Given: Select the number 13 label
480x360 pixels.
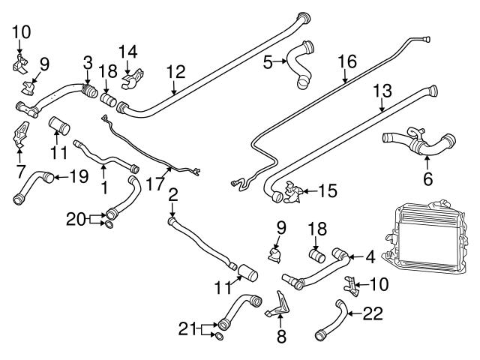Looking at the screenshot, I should pyautogui.click(x=382, y=91).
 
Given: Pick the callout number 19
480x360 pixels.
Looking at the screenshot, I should pyautogui.click(x=78, y=178).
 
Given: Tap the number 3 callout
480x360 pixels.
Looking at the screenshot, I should pyautogui.click(x=88, y=64).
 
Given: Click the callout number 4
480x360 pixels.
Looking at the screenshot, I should pyautogui.click(x=370, y=257).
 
